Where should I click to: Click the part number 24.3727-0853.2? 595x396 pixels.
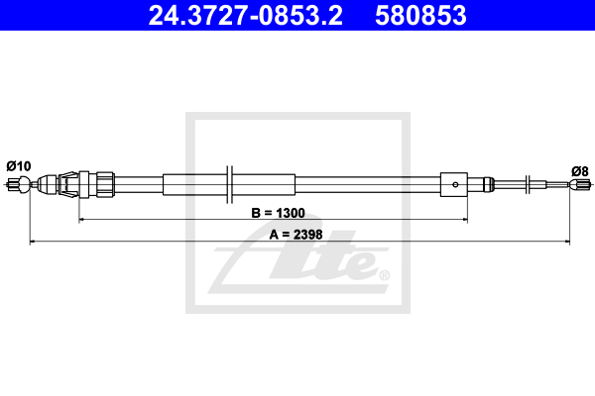tap(245, 16)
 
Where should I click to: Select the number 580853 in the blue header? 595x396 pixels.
tap(420, 16)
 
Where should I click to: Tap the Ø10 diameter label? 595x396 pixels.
tap(19, 166)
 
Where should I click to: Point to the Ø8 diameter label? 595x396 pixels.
tap(580, 171)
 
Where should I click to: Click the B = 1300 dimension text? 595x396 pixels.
tap(278, 213)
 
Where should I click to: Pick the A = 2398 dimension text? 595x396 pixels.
tap(296, 235)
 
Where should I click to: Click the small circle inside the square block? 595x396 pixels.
tap(455, 184)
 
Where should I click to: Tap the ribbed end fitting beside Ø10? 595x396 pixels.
tap(13, 184)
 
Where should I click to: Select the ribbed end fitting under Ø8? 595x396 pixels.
tap(581, 185)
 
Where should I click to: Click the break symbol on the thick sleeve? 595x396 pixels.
tap(229, 184)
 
